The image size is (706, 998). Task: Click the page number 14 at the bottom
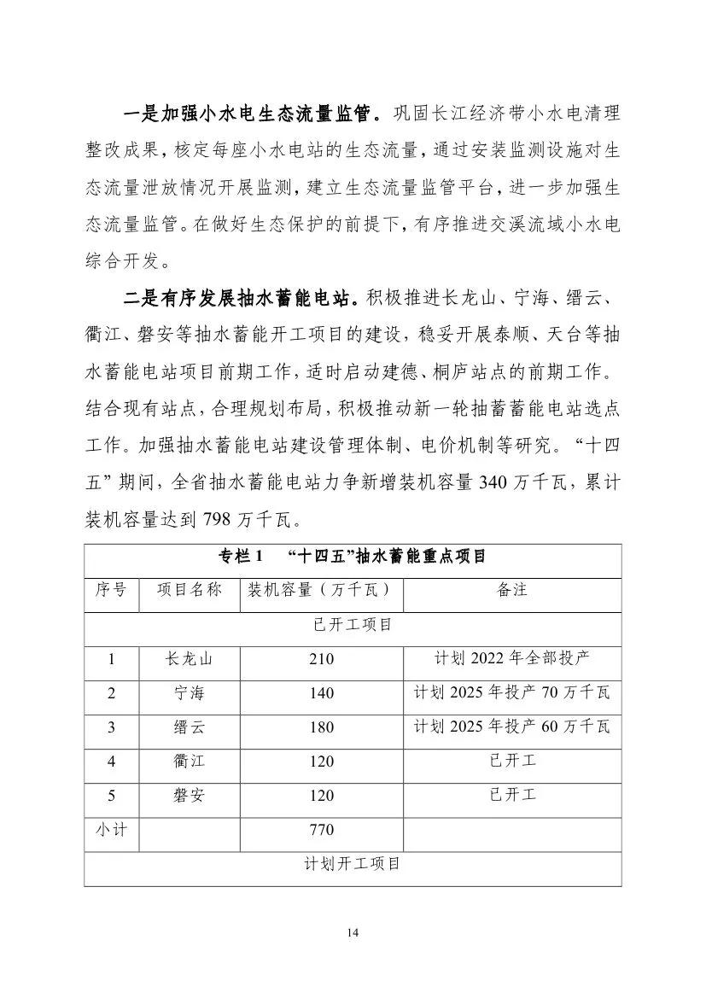click(x=353, y=932)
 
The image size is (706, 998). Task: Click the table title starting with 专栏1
click(x=353, y=557)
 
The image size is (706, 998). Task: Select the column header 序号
click(x=111, y=590)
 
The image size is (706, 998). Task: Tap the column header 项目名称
click(x=189, y=590)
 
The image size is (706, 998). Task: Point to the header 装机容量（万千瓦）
click(x=322, y=590)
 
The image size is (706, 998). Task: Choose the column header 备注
click(x=511, y=590)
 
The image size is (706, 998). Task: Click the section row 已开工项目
click(x=353, y=625)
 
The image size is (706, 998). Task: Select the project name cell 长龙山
click(x=189, y=659)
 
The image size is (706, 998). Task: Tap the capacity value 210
click(x=322, y=659)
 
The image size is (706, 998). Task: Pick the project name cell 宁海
click(x=189, y=693)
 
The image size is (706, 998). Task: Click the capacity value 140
click(x=322, y=693)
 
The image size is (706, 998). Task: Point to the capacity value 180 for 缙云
click(x=322, y=727)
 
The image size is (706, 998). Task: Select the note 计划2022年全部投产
click(x=511, y=658)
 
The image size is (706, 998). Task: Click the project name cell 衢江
click(x=189, y=762)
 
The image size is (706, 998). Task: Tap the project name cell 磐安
click(x=189, y=796)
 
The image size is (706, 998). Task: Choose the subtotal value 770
click(x=322, y=830)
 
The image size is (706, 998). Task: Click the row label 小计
click(x=111, y=829)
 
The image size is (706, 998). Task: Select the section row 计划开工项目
click(x=353, y=864)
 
